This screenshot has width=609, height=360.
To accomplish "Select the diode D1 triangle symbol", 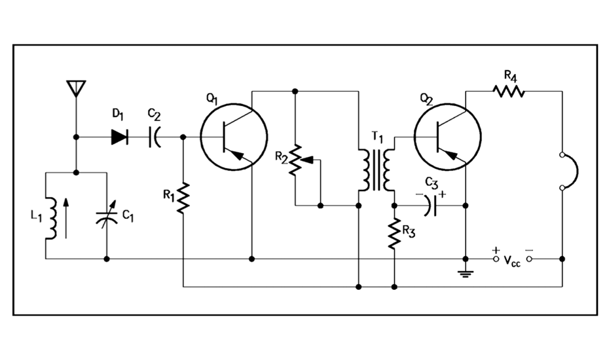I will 120,137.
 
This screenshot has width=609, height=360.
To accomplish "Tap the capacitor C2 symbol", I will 155,137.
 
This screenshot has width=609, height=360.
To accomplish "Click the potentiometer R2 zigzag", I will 296,159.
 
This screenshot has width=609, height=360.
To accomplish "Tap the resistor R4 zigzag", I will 509,91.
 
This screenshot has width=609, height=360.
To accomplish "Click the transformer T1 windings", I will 376,170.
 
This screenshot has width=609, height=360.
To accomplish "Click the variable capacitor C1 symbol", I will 107,215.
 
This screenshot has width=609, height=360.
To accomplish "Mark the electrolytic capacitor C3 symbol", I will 429,206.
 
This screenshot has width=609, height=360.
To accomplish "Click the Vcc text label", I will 512,262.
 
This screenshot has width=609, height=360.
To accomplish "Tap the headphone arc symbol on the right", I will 570,171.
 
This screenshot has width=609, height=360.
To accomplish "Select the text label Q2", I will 427,100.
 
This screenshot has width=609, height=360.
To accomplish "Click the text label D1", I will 118,115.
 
